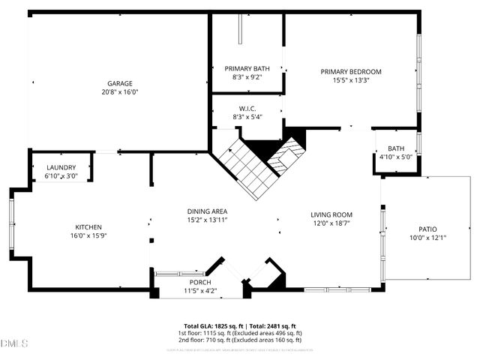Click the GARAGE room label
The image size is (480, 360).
[119, 83]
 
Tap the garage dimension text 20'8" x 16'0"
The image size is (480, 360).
[119, 92]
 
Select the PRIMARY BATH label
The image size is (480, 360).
[247, 67]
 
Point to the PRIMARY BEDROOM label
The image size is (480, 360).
[350, 71]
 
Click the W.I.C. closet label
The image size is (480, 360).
[247, 109]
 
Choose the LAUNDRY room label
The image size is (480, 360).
[61, 167]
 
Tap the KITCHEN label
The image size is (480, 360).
[88, 227]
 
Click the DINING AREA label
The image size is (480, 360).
[207, 211]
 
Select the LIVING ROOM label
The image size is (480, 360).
[331, 214]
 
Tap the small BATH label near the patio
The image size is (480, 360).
[395, 148]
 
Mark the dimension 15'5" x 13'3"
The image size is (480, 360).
[350, 80]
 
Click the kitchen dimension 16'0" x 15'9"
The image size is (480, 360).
[88, 236]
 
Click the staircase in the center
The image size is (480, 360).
[251, 169]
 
